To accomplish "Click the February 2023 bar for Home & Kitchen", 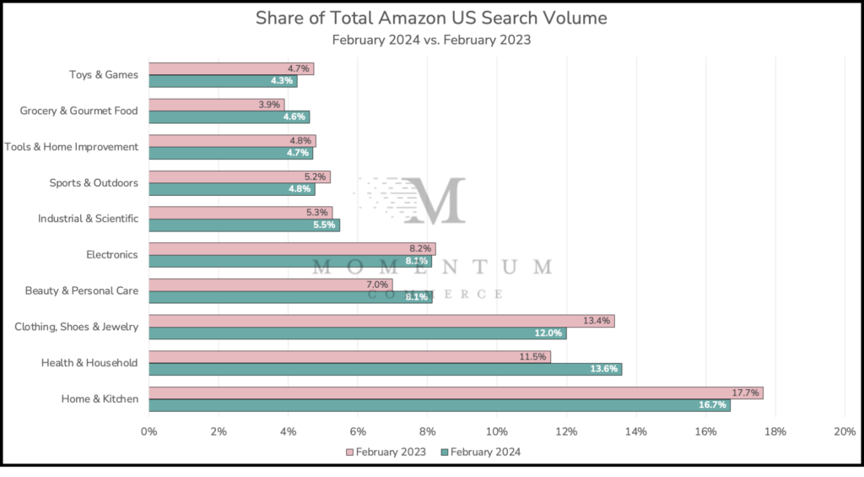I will [x=456, y=393].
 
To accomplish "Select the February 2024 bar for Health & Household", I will [x=385, y=369].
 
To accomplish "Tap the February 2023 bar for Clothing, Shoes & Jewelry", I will [x=381, y=321].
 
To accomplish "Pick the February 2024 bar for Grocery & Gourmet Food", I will [x=229, y=117].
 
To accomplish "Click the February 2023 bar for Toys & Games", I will [x=231, y=68].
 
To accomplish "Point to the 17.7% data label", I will [x=747, y=393].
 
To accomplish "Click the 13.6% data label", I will [x=605, y=369].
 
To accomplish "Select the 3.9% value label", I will [x=271, y=105].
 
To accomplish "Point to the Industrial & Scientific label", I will [x=88, y=219].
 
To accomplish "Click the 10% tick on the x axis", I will [x=497, y=431].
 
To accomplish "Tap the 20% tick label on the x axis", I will [x=845, y=431].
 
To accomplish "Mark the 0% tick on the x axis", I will [x=149, y=431].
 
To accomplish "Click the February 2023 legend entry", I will [x=386, y=453].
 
